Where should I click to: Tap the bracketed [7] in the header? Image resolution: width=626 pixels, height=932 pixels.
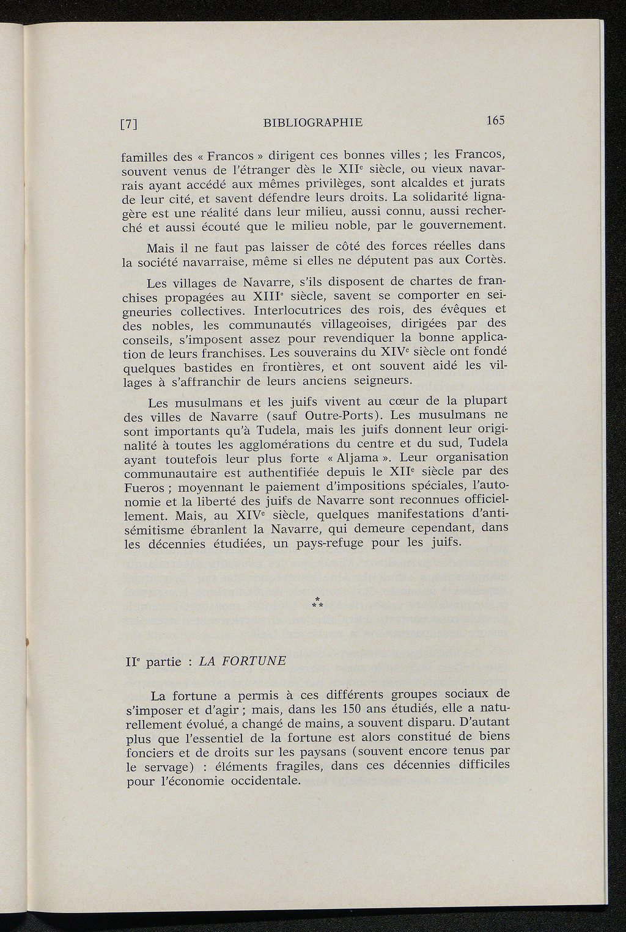[128, 124]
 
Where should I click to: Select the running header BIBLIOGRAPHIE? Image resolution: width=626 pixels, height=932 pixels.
[312, 122]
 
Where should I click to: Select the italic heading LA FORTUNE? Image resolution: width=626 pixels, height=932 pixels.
[243, 661]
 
